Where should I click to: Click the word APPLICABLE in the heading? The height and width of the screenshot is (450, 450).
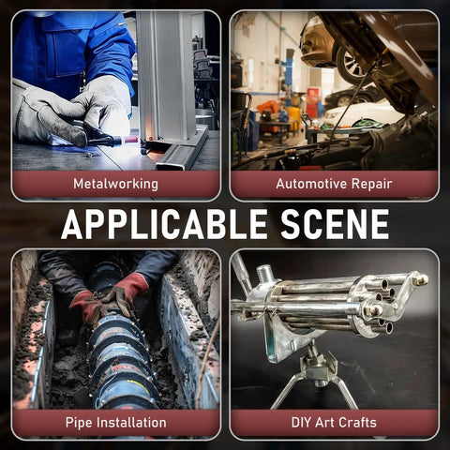tap(164, 224)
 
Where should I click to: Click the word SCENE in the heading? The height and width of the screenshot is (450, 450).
tap(335, 224)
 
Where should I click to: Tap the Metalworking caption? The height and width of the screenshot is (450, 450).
tap(115, 184)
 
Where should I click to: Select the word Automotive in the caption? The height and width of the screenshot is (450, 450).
tap(311, 184)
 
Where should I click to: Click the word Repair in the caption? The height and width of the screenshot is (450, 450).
tap(371, 184)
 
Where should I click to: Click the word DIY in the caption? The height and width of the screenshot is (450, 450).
tap(302, 423)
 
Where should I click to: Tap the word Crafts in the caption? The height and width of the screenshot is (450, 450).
tap(357, 423)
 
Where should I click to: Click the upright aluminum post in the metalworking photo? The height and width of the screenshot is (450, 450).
tap(166, 75)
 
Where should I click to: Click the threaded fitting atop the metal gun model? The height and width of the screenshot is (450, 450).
tap(264, 274)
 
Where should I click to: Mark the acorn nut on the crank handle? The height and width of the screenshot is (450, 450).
tap(420, 279)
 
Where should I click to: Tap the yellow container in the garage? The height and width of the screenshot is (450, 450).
tap(293, 114)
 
